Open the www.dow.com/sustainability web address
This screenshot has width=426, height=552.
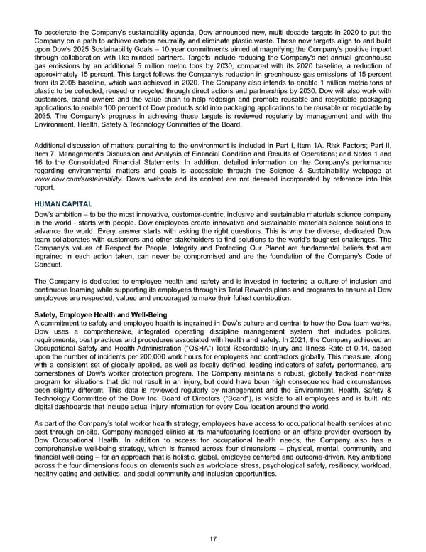point(77,179)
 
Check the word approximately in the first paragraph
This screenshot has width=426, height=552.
point(59,75)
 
